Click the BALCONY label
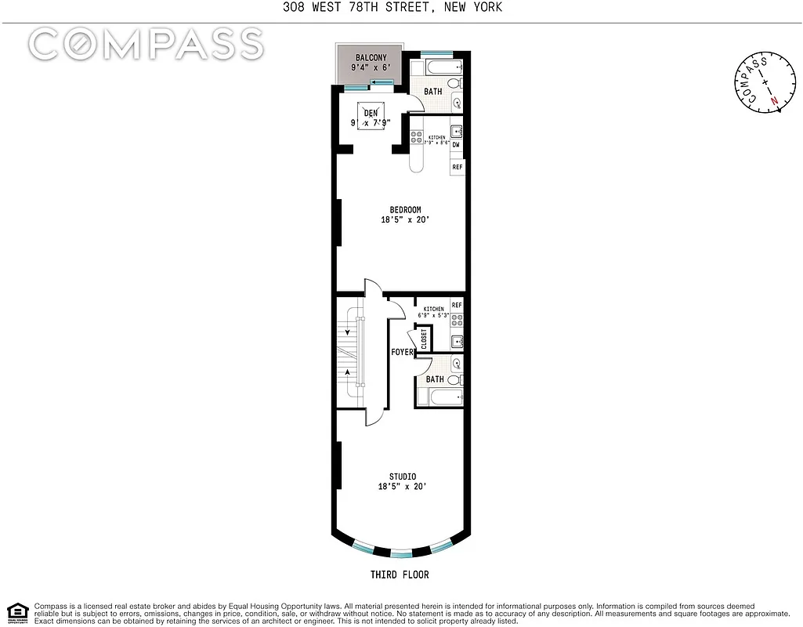[x=368, y=58]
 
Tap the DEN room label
[x=371, y=113]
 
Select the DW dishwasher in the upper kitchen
[x=456, y=145]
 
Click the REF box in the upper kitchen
[x=456, y=166]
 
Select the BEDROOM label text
[x=405, y=209]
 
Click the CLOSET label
[x=424, y=339]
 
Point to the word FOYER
[x=402, y=353]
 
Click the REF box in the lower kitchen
[x=456, y=305]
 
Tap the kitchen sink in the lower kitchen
[x=456, y=341]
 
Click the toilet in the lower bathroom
[x=456, y=364]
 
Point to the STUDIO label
[x=403, y=477]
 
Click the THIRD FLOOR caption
[x=400, y=574]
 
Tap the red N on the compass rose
[x=774, y=101]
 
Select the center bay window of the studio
[x=400, y=553]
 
